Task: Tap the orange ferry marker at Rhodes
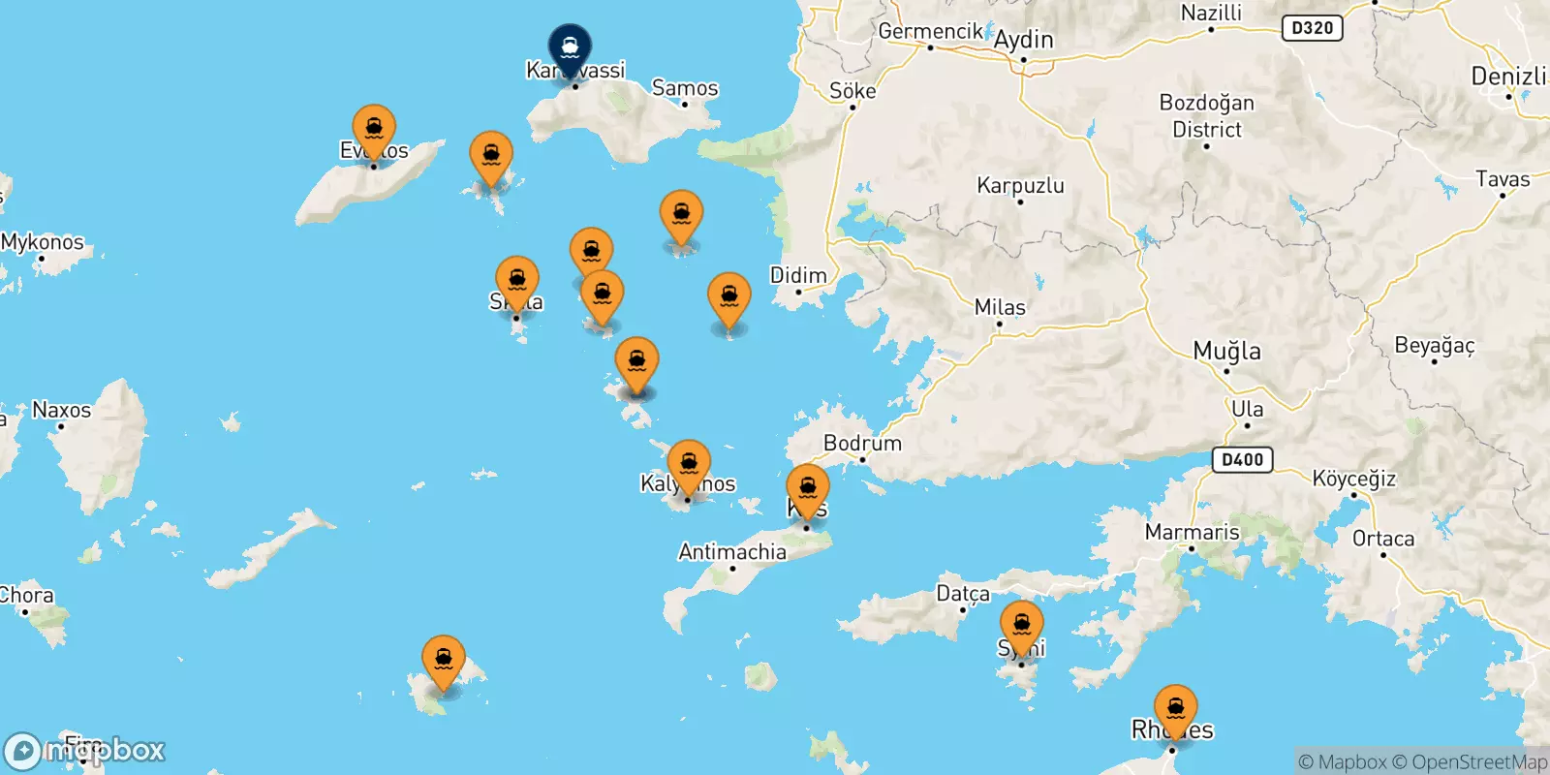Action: [1175, 709]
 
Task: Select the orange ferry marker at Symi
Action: [1021, 625]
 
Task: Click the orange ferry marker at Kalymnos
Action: [688, 464]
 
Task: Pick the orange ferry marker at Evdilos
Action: [374, 129]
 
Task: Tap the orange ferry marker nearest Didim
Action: [728, 297]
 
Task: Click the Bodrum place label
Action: [862, 444]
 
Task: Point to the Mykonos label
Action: [43, 242]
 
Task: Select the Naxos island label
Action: [62, 410]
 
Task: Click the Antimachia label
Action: [732, 552]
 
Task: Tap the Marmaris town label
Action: [1192, 532]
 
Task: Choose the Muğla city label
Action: [1226, 351]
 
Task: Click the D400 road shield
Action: [1242, 459]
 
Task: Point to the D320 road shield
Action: [1312, 28]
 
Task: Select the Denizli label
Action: [1508, 77]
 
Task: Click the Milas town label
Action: [1000, 307]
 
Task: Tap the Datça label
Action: [963, 593]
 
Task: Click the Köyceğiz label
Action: [1353, 479]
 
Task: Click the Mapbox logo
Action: [85, 751]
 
